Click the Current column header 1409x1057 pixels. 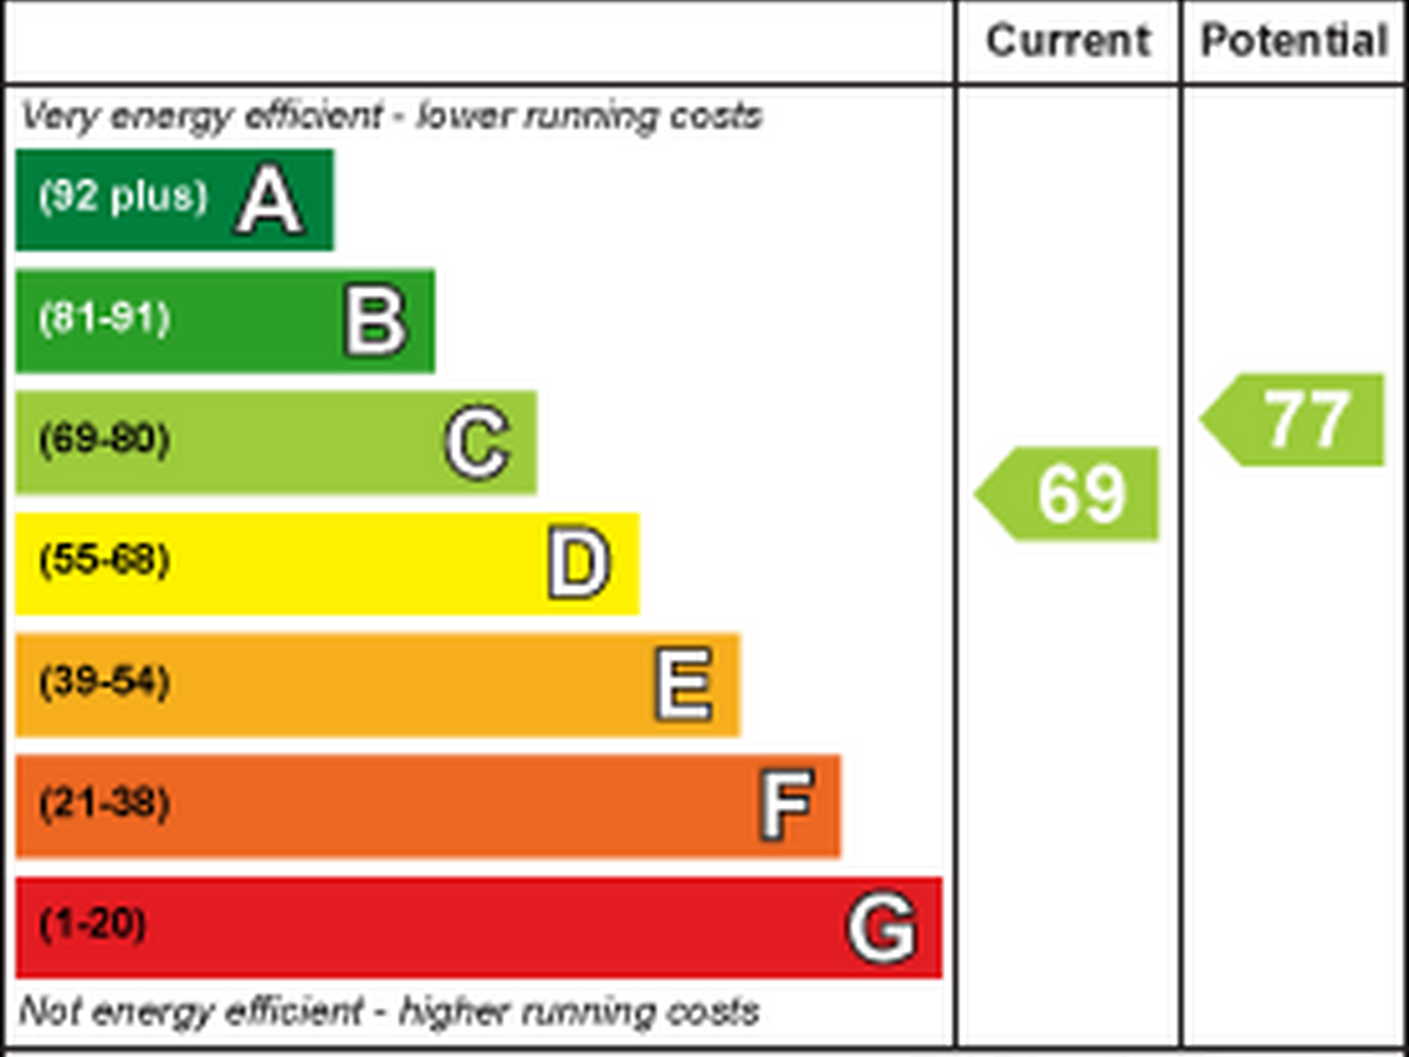[x=1068, y=41]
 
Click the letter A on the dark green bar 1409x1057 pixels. [x=269, y=200]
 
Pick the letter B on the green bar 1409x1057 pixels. [x=376, y=321]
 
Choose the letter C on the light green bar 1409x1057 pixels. [x=477, y=442]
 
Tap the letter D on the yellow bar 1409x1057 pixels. [x=579, y=563]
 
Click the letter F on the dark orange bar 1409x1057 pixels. [x=787, y=805]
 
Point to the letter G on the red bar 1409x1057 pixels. [x=882, y=928]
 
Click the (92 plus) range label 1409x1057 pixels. [x=124, y=197]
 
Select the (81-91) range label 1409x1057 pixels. [x=105, y=318]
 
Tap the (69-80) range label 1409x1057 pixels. [x=105, y=438]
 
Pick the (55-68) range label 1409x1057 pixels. [x=105, y=560]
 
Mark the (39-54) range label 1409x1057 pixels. [x=105, y=681]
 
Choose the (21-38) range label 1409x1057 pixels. [x=105, y=803]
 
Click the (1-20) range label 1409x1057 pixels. [x=93, y=924]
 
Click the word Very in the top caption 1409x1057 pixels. [x=60, y=117]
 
